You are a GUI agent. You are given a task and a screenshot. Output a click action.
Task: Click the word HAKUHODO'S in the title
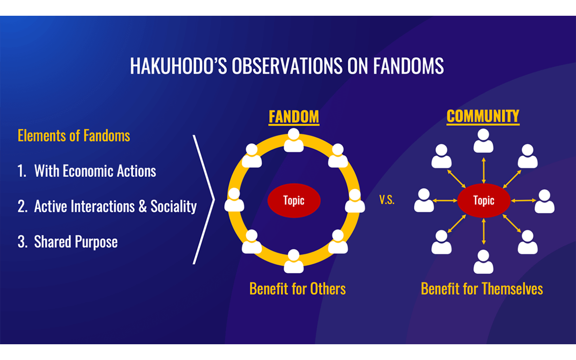179,66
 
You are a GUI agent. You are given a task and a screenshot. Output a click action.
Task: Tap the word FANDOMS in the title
408,66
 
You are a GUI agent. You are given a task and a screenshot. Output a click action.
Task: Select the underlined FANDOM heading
294,117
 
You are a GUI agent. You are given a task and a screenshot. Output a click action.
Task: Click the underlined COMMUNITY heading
483,117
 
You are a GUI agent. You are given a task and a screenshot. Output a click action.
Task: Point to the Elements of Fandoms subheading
74,135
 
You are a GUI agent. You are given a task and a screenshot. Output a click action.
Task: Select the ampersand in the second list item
143,206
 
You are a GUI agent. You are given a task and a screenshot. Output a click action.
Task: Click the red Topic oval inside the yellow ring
294,201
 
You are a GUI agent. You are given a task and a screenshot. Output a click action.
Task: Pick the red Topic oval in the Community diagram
484,201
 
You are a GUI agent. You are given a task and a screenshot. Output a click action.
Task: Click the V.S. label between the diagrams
387,200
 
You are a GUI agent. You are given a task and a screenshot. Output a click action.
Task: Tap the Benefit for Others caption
297,289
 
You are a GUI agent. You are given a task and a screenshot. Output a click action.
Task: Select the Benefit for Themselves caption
482,289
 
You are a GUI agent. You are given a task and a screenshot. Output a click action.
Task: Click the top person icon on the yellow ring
294,140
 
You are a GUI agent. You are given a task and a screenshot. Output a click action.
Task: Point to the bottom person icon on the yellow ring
294,261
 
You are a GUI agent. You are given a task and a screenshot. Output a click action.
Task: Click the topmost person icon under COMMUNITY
483,141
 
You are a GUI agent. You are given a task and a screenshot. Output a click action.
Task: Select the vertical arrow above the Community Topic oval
484,171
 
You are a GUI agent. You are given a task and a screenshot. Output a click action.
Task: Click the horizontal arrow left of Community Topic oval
445,201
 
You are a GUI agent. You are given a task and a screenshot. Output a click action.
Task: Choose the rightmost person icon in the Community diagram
544,201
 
